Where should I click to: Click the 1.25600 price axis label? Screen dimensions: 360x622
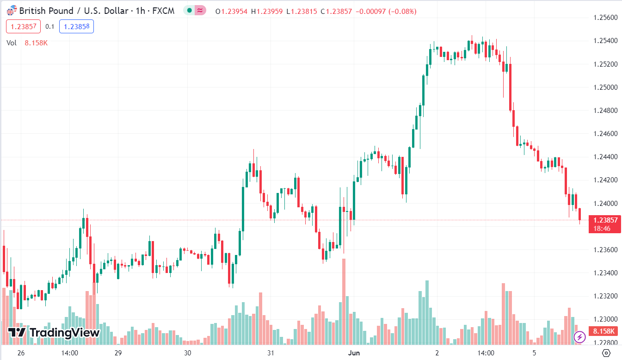(604, 18)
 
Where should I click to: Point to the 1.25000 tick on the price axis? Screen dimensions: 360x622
(604, 87)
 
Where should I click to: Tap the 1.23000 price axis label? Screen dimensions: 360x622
(604, 319)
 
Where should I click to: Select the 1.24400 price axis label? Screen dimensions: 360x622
(604, 157)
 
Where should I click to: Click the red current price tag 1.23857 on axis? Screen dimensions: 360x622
(604, 220)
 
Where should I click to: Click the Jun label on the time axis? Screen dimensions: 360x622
(353, 353)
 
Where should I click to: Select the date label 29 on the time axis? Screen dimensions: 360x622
(118, 353)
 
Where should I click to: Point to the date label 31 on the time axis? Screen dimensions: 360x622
(271, 353)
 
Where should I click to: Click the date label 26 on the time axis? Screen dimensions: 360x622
(20, 353)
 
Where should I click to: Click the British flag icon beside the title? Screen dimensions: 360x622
(12, 11)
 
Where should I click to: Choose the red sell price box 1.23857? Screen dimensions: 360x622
(23, 26)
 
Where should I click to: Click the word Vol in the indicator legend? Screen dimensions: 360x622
(12, 43)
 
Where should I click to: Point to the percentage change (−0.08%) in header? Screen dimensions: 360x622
(402, 11)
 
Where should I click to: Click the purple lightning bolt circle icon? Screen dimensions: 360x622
(579, 337)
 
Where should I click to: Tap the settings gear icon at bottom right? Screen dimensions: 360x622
(606, 353)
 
